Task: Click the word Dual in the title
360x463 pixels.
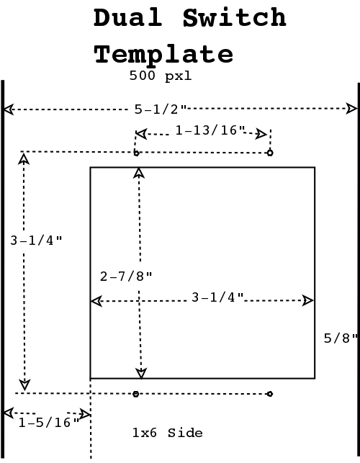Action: tap(128, 17)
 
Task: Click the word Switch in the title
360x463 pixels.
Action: tap(235, 17)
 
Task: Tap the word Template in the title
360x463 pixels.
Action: tap(163, 55)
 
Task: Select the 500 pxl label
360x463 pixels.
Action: tap(161, 76)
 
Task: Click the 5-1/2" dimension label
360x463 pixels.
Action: tap(161, 109)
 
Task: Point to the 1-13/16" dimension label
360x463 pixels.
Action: tap(210, 130)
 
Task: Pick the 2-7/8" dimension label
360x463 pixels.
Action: tap(126, 277)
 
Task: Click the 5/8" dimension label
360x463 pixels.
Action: tap(341, 338)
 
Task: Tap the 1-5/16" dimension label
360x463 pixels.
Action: tap(49, 423)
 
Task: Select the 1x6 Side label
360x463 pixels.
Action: tap(168, 433)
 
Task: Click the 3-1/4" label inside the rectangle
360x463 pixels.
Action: tap(217, 297)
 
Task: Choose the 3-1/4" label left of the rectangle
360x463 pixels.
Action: tap(36, 241)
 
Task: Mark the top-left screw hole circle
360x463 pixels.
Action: tap(136, 153)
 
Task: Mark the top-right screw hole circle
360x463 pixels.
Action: tap(270, 153)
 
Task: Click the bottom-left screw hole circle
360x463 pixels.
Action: tap(135, 394)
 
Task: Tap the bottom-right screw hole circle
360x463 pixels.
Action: tap(269, 394)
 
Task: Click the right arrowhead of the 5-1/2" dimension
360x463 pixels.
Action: tap(351, 108)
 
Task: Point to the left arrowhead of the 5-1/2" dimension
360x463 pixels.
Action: tap(8, 109)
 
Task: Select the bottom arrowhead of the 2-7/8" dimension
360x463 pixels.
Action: tap(141, 373)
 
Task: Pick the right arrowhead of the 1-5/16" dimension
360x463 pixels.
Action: tap(85, 414)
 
